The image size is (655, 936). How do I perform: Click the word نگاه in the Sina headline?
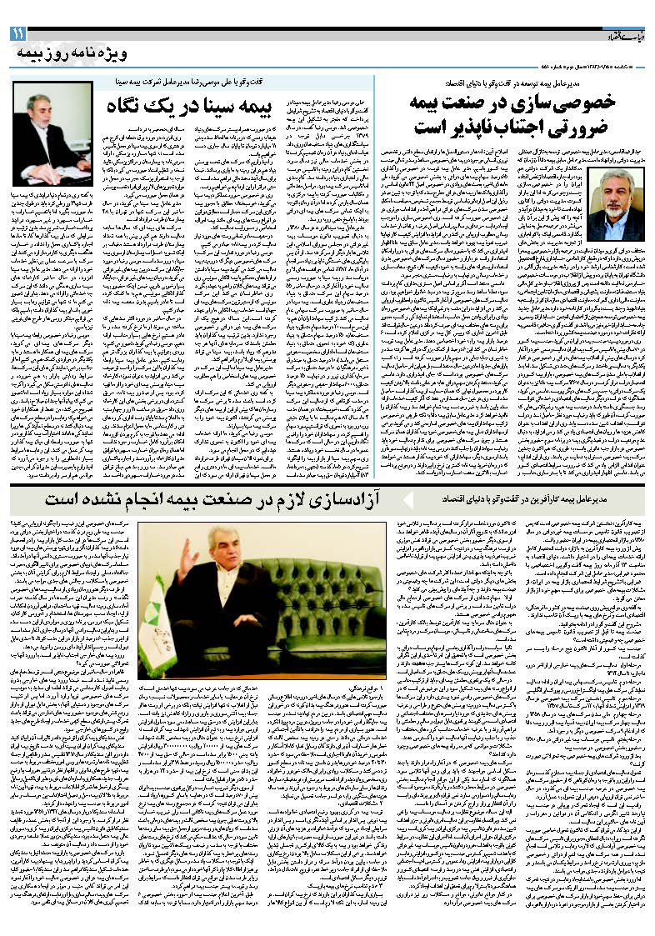(127, 108)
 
